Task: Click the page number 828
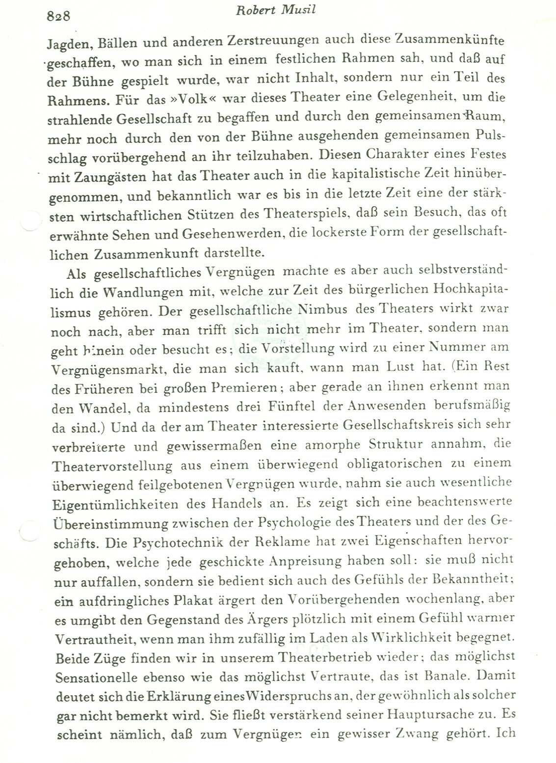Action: tap(59, 16)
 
